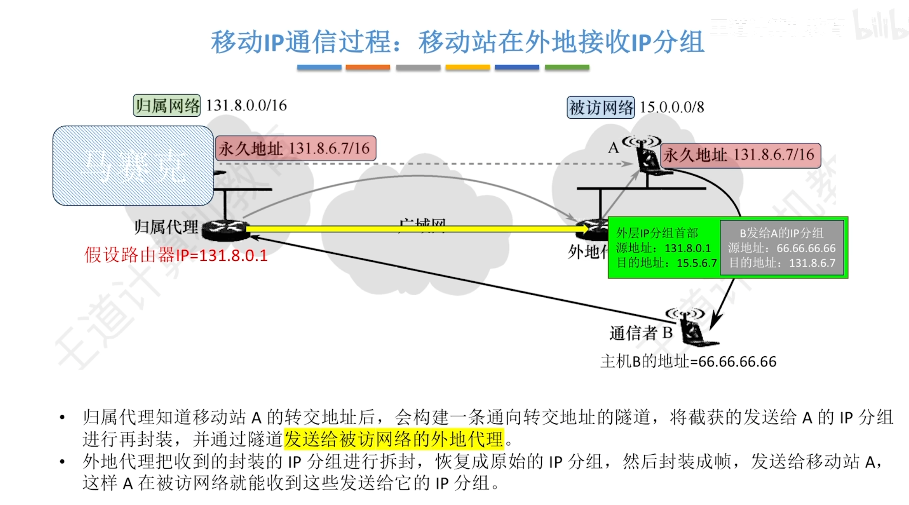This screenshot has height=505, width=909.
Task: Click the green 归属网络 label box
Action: point(167,105)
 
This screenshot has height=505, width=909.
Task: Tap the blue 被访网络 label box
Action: point(600,107)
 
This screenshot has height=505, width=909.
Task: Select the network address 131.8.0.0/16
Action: point(246,105)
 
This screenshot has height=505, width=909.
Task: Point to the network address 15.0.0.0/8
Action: point(672,107)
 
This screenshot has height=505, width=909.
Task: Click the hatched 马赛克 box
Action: point(133,166)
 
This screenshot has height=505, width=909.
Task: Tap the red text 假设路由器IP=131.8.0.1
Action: point(176,255)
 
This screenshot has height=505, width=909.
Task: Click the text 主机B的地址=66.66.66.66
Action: point(688,361)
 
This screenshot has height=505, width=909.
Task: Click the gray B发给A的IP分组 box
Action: point(782,248)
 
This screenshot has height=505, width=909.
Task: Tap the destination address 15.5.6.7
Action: point(696,263)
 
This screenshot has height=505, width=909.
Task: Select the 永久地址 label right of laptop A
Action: point(740,155)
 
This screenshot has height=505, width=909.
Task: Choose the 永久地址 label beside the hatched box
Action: point(295,148)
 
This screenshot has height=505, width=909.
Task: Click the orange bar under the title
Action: point(368,67)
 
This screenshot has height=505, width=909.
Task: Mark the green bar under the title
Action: point(567,67)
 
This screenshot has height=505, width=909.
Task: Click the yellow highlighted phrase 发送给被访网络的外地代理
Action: point(394,439)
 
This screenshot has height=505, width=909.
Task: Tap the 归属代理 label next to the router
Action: point(166,227)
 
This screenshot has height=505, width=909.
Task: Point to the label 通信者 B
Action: point(641,333)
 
